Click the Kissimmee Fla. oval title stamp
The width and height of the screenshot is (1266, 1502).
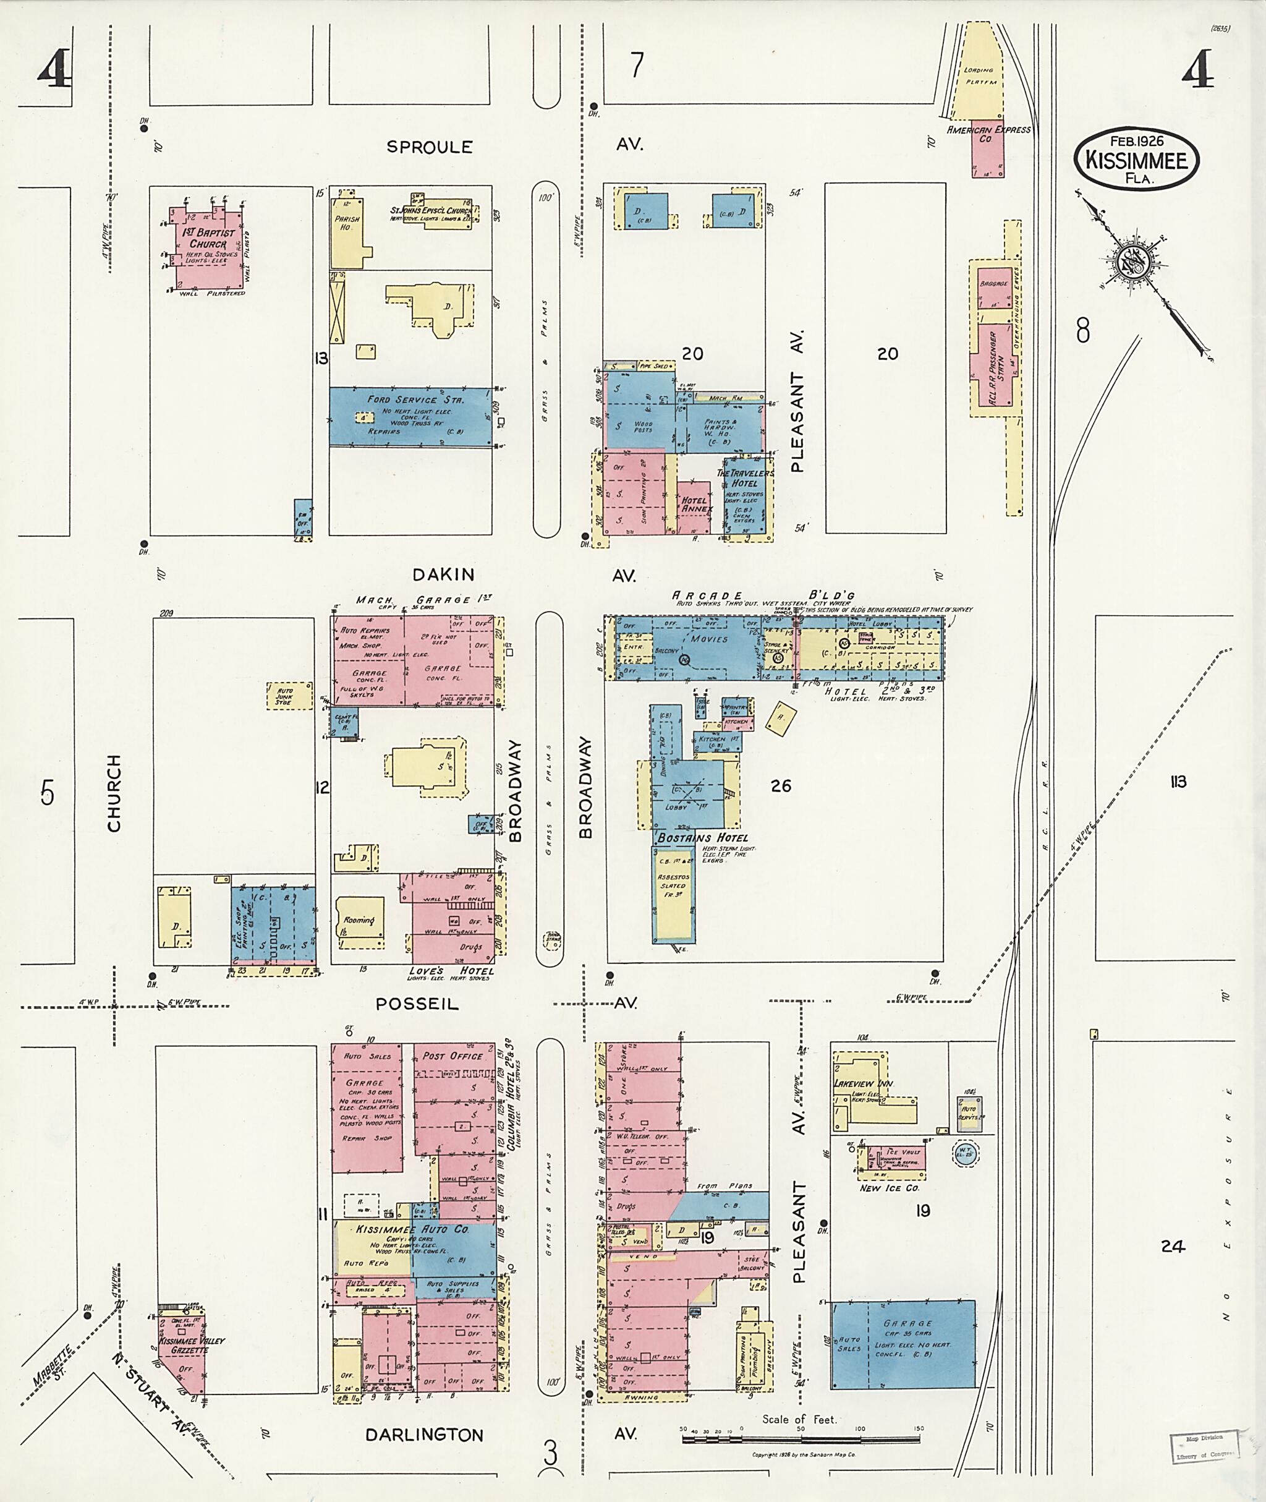(x=1136, y=159)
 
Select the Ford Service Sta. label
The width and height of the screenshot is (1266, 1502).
(x=415, y=399)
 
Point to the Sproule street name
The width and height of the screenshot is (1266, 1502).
(x=429, y=147)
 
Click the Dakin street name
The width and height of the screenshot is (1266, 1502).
(x=443, y=574)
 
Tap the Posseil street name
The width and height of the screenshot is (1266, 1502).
(x=417, y=1004)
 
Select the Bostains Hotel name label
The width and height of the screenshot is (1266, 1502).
(x=703, y=837)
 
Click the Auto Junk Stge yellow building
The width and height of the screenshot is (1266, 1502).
(x=290, y=696)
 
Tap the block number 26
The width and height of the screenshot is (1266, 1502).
(x=780, y=785)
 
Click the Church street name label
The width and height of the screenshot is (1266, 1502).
(x=113, y=793)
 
